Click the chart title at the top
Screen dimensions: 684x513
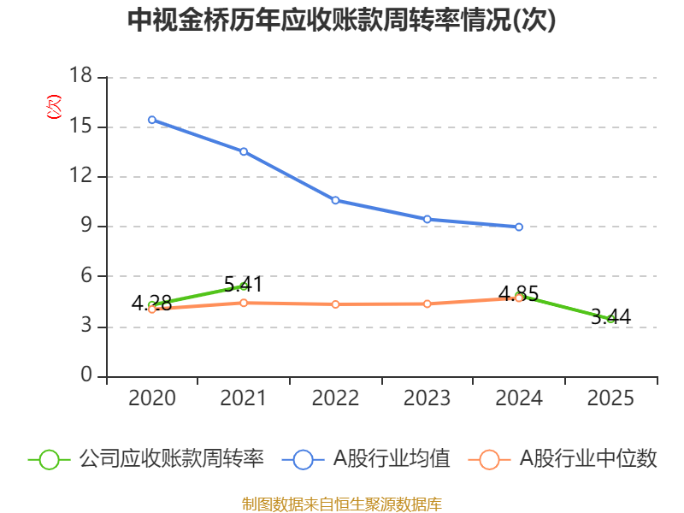pyautogui.click(x=341, y=20)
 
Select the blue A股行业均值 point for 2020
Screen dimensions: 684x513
pyautogui.click(x=152, y=120)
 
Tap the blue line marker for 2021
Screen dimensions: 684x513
pyautogui.click(x=244, y=151)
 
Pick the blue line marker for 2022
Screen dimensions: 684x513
pyautogui.click(x=335, y=200)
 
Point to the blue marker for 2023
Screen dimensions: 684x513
pyautogui.click(x=427, y=219)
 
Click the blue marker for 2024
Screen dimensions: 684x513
pyautogui.click(x=519, y=227)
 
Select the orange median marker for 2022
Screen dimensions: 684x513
pyautogui.click(x=335, y=304)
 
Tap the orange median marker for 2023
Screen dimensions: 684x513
pyautogui.click(x=427, y=304)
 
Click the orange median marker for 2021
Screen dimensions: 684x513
pyautogui.click(x=244, y=303)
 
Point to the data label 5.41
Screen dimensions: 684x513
pyautogui.click(x=244, y=285)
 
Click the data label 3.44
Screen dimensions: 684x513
pyautogui.click(x=610, y=316)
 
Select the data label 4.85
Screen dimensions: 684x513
pyautogui.click(x=519, y=293)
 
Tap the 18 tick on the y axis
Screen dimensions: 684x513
pyautogui.click(x=80, y=75)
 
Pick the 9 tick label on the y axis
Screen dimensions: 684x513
pyautogui.click(x=86, y=225)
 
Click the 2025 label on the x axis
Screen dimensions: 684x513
pyautogui.click(x=610, y=398)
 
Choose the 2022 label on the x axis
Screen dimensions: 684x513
pyautogui.click(x=335, y=398)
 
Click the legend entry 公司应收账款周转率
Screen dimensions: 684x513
pyautogui.click(x=146, y=459)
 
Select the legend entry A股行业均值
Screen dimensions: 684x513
pyautogui.click(x=366, y=459)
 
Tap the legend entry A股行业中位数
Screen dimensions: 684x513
pyautogui.click(x=563, y=459)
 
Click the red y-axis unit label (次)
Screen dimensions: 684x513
pyautogui.click(x=54, y=107)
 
